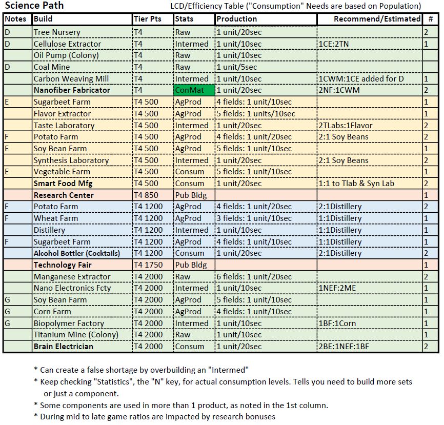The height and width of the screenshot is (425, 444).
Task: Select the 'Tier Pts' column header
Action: [148, 19]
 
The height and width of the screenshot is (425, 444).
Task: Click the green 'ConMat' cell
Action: [193, 90]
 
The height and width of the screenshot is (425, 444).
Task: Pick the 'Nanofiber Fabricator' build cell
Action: [72, 90]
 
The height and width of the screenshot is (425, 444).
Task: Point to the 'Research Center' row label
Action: [64, 195]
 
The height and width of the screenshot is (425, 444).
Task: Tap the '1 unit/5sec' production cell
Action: [236, 67]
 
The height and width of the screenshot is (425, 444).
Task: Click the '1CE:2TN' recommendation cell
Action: [334, 44]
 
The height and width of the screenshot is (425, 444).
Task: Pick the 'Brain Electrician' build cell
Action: [64, 347]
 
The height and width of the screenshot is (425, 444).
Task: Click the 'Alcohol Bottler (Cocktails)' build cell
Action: [77, 253]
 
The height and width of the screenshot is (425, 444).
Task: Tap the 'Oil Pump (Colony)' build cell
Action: [66, 55]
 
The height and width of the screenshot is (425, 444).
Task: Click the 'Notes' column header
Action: [15, 19]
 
